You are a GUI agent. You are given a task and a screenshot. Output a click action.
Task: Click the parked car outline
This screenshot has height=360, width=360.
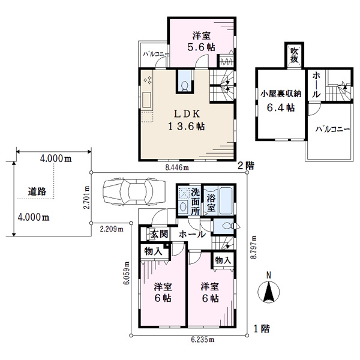pos(134,191)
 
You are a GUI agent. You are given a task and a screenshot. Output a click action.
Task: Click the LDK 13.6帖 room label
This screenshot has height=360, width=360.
pos(187,120)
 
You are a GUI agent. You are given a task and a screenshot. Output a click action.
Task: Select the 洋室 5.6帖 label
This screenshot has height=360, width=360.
pos(202,41)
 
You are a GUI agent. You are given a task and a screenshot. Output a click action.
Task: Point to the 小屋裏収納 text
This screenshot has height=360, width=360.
pos(281,94)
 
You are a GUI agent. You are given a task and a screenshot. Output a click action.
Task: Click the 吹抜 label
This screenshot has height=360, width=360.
pos(294,55)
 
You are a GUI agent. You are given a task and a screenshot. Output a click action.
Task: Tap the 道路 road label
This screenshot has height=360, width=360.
pos(37,191)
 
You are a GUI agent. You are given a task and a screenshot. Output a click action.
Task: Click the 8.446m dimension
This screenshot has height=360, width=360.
pos(177,167)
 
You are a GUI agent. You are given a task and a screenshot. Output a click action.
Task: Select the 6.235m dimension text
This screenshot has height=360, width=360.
pos(203,340)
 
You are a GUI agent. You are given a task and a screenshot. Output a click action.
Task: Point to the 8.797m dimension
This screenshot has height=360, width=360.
pos(253,247)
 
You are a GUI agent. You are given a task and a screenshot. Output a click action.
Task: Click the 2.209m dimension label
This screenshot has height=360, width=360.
pos(112,229)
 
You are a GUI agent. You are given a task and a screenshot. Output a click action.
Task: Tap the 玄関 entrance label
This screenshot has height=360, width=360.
pos(160,235)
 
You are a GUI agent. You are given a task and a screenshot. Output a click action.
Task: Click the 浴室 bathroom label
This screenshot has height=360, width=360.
pos(211,203)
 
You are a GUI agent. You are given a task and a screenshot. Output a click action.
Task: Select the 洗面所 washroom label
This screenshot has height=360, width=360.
pos(195,202)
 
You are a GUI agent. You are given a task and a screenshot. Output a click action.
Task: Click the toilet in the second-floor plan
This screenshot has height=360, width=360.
pos(185,86)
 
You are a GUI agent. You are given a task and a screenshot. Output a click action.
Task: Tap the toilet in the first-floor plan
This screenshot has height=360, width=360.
pos(228,226)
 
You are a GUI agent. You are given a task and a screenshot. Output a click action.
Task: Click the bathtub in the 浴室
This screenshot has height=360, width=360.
pos(226,201)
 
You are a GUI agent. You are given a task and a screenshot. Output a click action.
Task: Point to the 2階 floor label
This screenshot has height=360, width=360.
pos(246,166)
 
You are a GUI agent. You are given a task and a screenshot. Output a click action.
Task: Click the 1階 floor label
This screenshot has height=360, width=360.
pos(262,329)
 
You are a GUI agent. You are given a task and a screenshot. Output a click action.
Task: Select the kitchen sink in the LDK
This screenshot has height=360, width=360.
pos(147,100)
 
